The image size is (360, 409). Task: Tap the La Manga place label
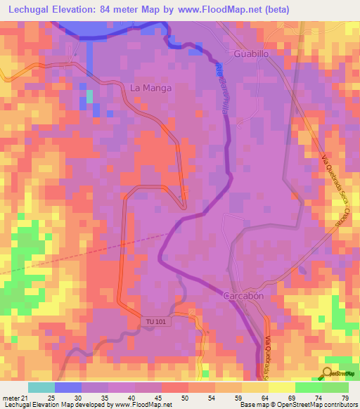coord(151,88)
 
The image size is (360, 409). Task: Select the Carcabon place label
coord(243,296)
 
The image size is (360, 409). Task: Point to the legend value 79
coord(345,398)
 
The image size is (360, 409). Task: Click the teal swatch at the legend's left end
coord(41,387)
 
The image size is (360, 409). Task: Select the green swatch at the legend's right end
coord(335,387)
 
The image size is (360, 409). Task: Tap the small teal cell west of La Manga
coord(89,96)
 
